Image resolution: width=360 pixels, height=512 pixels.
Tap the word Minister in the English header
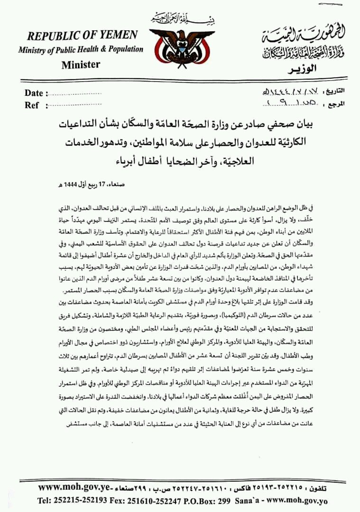(x=81, y=64)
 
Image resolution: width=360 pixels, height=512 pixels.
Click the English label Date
(x=34, y=93)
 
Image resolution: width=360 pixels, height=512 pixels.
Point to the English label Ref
(x=32, y=105)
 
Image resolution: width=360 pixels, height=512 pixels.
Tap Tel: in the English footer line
(x=46, y=501)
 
